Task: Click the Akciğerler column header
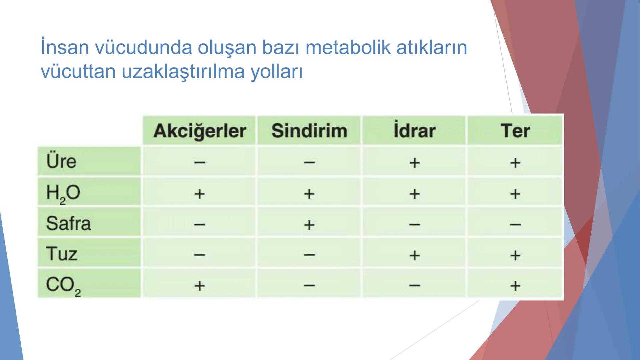pyautogui.click(x=200, y=131)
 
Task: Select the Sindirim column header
pyautogui.click(x=309, y=131)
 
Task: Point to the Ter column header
pyautogui.click(x=515, y=131)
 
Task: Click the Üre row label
pyautogui.click(x=61, y=161)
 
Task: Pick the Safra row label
pyautogui.click(x=68, y=223)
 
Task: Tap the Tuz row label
pyautogui.click(x=62, y=254)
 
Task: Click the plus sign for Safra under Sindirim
pyautogui.click(x=309, y=225)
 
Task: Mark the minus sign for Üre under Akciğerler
pyautogui.click(x=200, y=163)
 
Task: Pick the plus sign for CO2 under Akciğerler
pyautogui.click(x=200, y=286)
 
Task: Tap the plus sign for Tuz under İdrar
pyautogui.click(x=414, y=255)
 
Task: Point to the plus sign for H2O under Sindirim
pyautogui.click(x=309, y=194)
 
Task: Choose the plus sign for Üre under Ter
pyautogui.click(x=515, y=163)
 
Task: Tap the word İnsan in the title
pyautogui.click(x=65, y=47)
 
